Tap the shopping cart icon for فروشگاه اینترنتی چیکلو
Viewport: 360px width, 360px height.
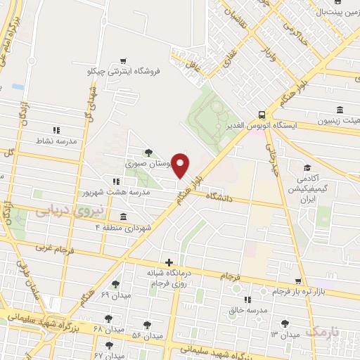pyautogui.click(x=124, y=60)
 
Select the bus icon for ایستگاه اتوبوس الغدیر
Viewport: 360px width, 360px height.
pyautogui.click(x=262, y=114)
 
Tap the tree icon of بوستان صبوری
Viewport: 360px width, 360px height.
pyautogui.click(x=147, y=151)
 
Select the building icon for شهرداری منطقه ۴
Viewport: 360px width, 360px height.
pyautogui.click(x=124, y=217)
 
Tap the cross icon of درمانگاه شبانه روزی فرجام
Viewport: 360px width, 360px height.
pyautogui.click(x=169, y=262)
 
